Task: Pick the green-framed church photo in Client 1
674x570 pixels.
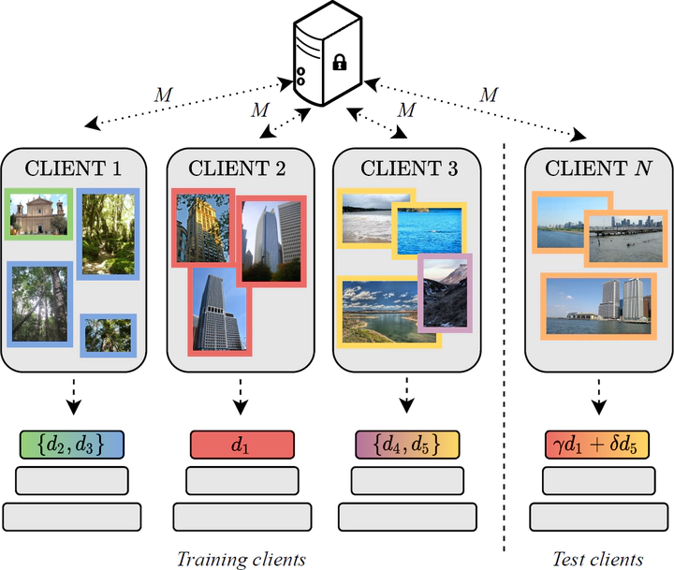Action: pos(38,214)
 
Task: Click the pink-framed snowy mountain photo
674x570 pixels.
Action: pos(444,291)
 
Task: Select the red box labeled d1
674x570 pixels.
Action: pos(242,444)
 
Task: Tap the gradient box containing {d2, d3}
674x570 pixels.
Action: pos(72,444)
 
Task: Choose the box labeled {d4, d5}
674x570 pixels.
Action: pos(407,444)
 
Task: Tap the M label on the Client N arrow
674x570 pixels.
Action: pos(489,94)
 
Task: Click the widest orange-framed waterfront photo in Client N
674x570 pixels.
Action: pos(596,305)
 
